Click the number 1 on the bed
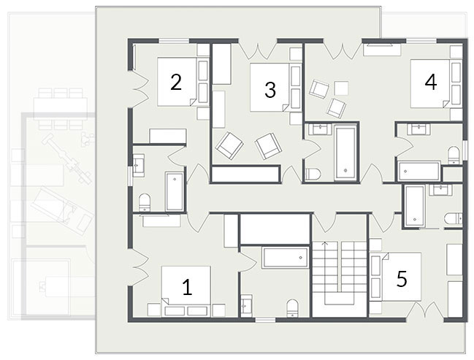tap(188, 287)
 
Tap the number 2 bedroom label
tap(176, 83)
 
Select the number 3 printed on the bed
tap(270, 90)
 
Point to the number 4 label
tap(431, 82)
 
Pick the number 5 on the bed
tap(402, 279)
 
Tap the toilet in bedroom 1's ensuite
tap(292, 307)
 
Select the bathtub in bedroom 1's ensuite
tap(285, 258)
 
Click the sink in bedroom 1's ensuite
tap(246, 305)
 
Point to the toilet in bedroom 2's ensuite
tap(145, 202)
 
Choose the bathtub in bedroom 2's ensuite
tap(175, 191)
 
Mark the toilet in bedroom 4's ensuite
tap(454, 156)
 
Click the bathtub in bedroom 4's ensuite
tap(419, 172)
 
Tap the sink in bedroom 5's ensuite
tap(440, 190)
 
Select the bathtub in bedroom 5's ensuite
tap(414, 206)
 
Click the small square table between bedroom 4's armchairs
tap(341, 88)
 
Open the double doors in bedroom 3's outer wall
tap(258, 50)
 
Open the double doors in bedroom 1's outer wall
tap(139, 267)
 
